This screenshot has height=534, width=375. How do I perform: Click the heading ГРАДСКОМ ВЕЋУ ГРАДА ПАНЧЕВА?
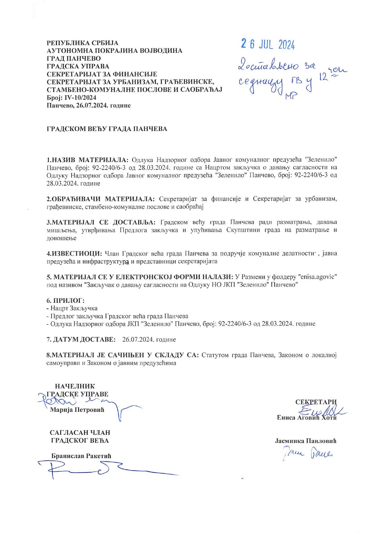(107, 129)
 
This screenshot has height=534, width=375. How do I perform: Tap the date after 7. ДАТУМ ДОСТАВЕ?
(149, 339)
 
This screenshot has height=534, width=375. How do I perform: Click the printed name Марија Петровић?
(77, 410)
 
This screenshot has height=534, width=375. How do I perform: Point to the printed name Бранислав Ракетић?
(81, 456)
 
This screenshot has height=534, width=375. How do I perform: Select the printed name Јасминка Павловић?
(306, 441)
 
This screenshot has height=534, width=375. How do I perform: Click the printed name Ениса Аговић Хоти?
(306, 417)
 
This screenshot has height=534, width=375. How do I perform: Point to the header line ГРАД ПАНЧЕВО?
(74, 58)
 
